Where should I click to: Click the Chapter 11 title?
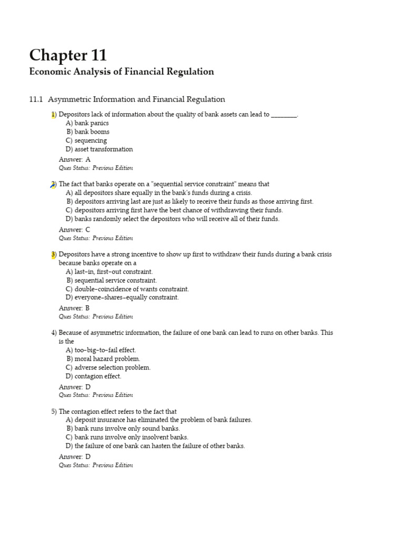tap(68, 55)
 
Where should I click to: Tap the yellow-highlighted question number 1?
tap(53, 114)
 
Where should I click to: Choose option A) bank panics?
tap(87, 123)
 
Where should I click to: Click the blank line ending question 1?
tap(284, 115)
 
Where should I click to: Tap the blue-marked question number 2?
tap(53, 184)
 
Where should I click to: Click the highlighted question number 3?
tap(54, 254)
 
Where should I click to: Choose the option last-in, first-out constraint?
tap(109, 272)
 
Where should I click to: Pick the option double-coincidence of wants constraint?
tap(127, 288)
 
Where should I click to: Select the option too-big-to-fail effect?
tap(101, 350)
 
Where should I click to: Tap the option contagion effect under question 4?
tap(94, 376)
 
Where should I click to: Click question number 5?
tap(54, 411)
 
